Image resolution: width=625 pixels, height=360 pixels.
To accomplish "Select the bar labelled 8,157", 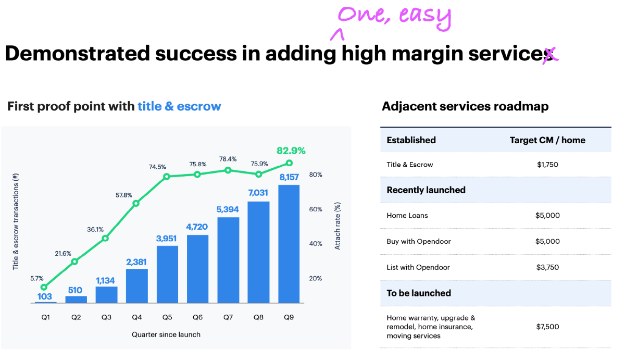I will (289, 243).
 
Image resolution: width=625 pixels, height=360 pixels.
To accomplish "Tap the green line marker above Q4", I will (136, 203).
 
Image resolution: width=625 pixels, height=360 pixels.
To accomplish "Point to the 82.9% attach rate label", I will (291, 151).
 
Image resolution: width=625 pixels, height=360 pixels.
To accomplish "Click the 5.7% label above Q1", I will (37, 278).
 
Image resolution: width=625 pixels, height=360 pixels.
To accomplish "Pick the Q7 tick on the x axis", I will (228, 317).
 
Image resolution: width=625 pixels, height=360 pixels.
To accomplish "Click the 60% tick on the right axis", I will (316, 209).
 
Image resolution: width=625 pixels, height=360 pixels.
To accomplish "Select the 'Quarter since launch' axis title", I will (166, 334).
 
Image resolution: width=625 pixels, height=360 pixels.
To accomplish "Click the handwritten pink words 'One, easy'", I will (393, 17).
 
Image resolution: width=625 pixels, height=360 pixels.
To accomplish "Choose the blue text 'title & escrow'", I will (179, 107).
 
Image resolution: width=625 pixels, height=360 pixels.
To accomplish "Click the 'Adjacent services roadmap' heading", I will (465, 107).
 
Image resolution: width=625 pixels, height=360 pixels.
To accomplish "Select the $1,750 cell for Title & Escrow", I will (547, 165).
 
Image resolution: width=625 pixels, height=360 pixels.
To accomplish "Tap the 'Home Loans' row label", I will (407, 215).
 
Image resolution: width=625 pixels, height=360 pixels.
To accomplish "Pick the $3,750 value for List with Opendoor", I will (547, 267).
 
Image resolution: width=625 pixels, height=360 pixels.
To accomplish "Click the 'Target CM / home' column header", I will (547, 140).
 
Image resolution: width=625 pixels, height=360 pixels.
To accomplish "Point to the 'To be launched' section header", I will (419, 293).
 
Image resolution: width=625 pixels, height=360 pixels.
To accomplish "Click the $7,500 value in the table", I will (547, 327).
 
